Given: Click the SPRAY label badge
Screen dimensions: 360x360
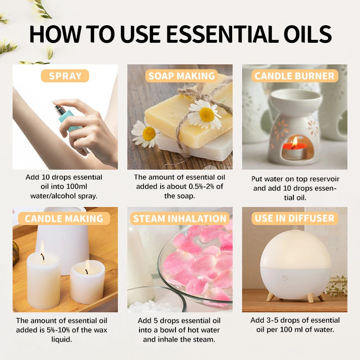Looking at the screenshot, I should click(65, 76).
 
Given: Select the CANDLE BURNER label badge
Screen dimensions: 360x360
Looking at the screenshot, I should click(295, 76).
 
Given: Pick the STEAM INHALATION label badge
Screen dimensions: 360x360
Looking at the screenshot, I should click(180, 219).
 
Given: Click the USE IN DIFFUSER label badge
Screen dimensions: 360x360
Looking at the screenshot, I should click(295, 219).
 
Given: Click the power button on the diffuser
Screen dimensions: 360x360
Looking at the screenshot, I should click(284, 277).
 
